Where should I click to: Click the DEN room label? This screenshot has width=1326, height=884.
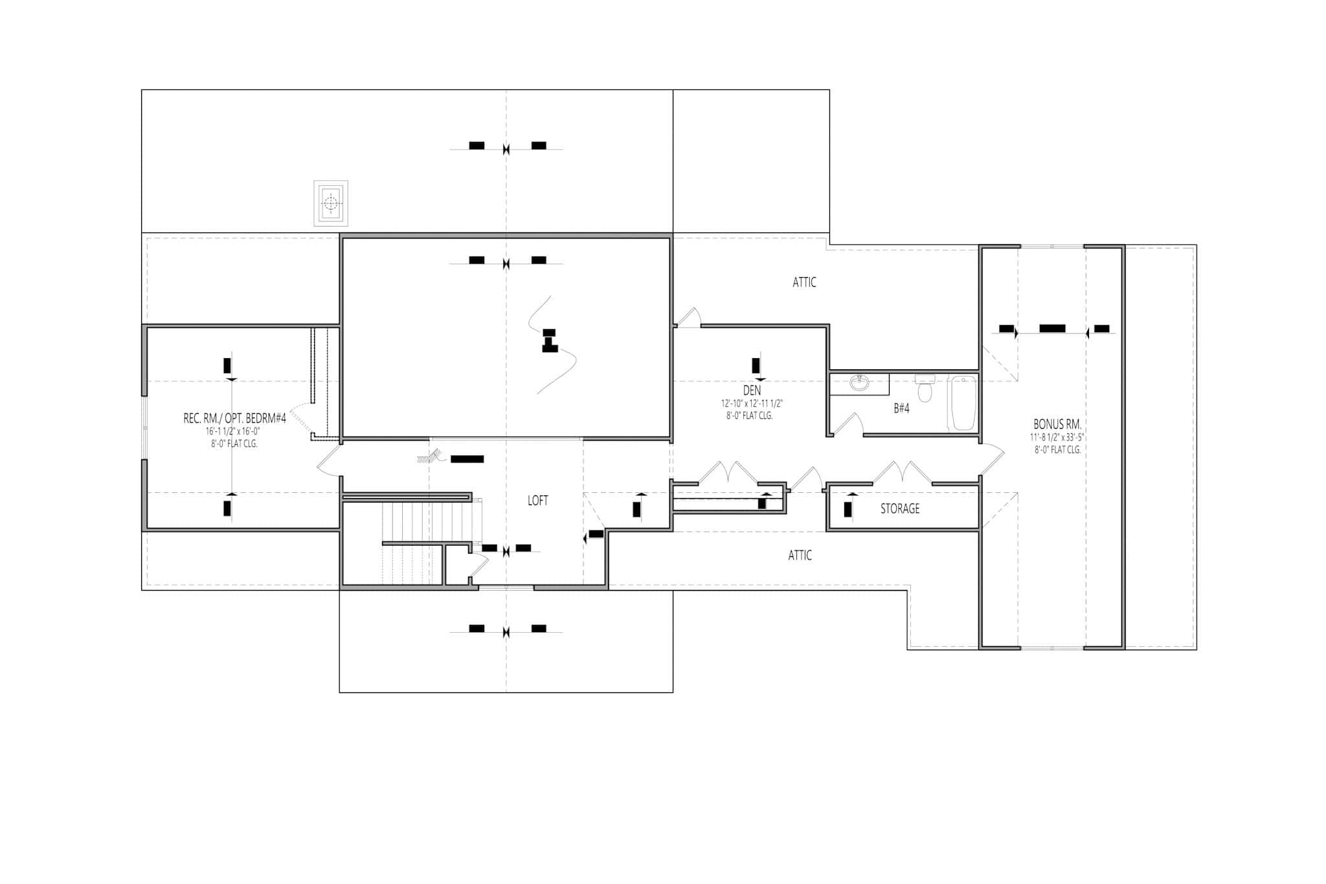752,391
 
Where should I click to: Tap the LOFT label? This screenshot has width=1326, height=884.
537,501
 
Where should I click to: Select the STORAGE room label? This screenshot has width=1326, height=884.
899,509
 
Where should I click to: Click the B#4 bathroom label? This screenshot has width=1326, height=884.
901,409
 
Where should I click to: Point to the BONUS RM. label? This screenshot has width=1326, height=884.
1057,424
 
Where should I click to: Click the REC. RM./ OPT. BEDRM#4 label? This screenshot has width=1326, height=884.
234,419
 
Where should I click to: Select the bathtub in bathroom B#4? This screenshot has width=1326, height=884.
963,403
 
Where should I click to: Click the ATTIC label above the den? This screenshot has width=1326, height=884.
804,282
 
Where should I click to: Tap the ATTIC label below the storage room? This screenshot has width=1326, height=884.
800,556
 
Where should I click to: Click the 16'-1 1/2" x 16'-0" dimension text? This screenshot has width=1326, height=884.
233,431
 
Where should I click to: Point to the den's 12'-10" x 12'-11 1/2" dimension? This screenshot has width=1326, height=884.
752,403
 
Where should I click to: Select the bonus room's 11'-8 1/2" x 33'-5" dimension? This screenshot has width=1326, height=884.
1057,437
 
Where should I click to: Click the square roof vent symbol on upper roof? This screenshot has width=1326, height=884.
331,203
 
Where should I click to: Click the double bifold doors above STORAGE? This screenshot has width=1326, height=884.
902,472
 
